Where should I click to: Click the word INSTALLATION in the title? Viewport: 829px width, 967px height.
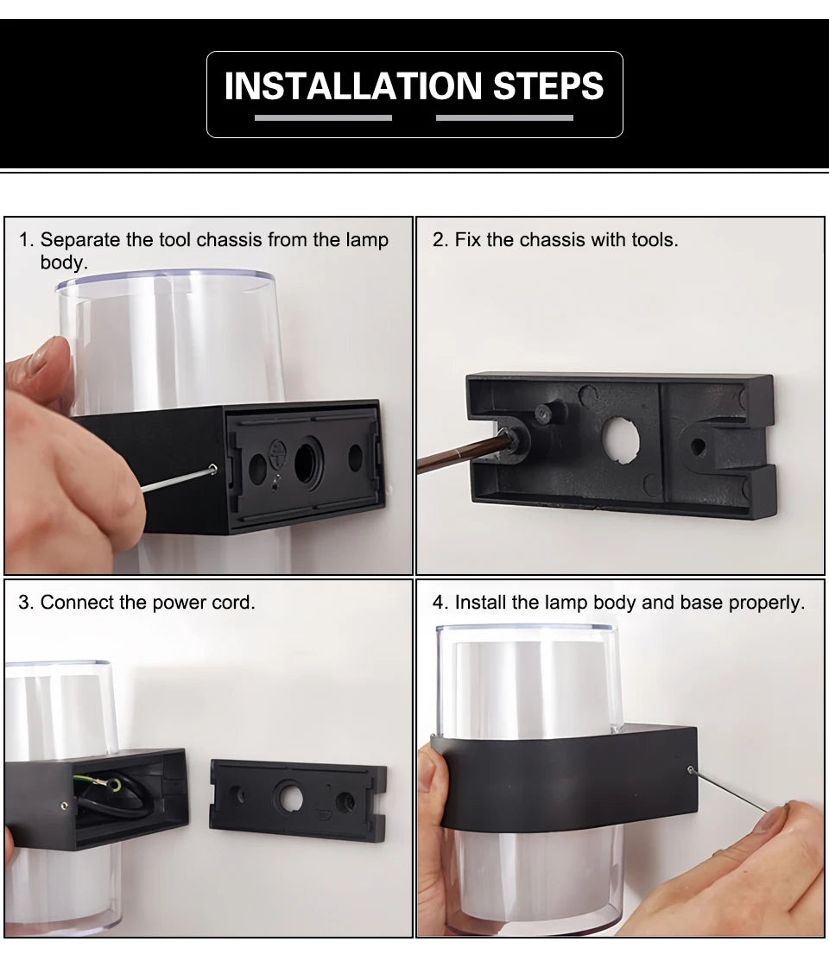coord(352,85)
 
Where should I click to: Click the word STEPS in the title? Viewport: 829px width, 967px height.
coord(548,85)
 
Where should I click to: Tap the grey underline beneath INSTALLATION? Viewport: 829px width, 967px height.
coord(323,117)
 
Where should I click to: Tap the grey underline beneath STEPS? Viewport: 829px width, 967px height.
coord(504,117)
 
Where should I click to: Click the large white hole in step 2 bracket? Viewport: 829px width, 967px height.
coord(621,440)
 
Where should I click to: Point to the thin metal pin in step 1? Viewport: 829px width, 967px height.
coord(177,480)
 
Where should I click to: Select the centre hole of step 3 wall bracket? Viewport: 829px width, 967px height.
coord(290,796)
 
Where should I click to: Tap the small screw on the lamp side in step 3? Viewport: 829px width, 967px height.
coord(65,806)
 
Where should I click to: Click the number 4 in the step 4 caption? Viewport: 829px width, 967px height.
coord(437,603)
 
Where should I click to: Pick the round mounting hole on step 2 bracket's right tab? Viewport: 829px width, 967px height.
coord(698,446)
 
